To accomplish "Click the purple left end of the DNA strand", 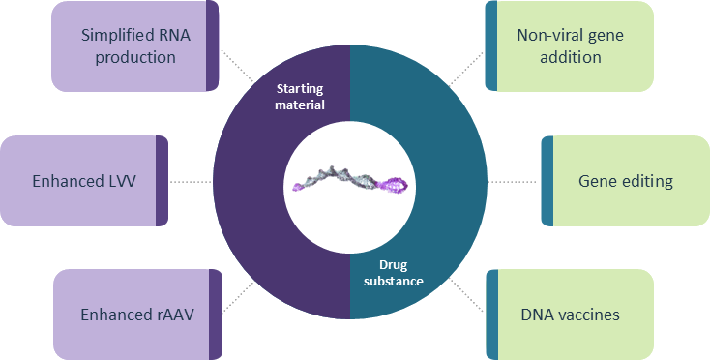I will tap(297, 185).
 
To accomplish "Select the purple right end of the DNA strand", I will tap(397, 181).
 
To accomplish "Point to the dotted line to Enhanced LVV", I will tap(191, 181).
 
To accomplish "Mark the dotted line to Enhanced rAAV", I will tap(240, 293).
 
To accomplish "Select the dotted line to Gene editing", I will tap(513, 181).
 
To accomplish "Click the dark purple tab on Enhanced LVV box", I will tap(162, 181).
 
